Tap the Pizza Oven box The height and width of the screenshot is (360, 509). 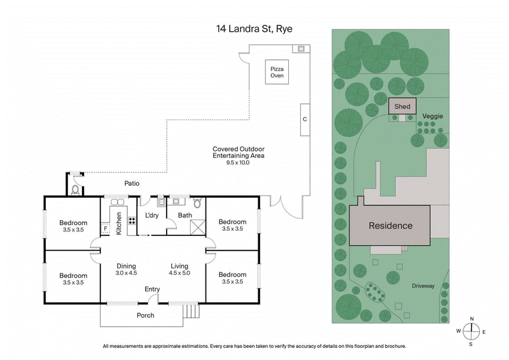pyautogui.click(x=277, y=72)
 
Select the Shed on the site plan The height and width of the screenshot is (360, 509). pyautogui.click(x=401, y=106)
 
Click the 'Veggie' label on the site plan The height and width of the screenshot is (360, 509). pyautogui.click(x=432, y=116)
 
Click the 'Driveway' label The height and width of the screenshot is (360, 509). pyautogui.click(x=422, y=286)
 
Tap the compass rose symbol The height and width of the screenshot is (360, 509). pyautogui.click(x=471, y=331)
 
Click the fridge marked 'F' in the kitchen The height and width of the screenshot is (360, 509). pyautogui.click(x=106, y=228)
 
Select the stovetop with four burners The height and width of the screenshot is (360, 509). pyautogui.click(x=132, y=222)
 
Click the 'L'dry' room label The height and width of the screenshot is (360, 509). pyautogui.click(x=152, y=216)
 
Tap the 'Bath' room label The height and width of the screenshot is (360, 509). pyautogui.click(x=185, y=216)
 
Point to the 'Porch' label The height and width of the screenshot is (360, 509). pyautogui.click(x=146, y=315)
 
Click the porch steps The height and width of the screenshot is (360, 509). pyautogui.click(x=191, y=312)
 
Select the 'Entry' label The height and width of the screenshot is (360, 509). pyautogui.click(x=152, y=289)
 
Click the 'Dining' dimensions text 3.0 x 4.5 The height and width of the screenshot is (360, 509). pyautogui.click(x=127, y=273)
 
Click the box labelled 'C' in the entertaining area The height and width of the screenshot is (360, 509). pyautogui.click(x=305, y=119)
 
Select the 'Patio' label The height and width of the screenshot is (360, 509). pyautogui.click(x=132, y=183)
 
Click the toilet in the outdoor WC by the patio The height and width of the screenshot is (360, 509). pyautogui.click(x=76, y=189)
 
